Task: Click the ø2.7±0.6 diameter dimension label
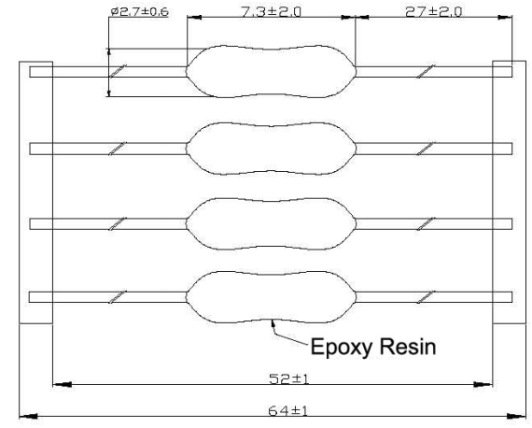(x=139, y=12)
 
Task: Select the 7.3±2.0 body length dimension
(x=271, y=12)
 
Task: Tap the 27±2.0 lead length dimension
(x=434, y=12)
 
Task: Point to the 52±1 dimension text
(x=289, y=378)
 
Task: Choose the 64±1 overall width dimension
(x=288, y=411)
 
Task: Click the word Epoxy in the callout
(x=342, y=348)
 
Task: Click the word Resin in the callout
(x=408, y=347)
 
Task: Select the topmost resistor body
(x=271, y=72)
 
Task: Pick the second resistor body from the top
(x=271, y=149)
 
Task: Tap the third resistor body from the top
(x=271, y=223)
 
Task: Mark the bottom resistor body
(x=271, y=297)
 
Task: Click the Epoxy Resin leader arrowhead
(x=273, y=323)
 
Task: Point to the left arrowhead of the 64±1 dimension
(x=28, y=416)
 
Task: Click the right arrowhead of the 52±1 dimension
(x=483, y=385)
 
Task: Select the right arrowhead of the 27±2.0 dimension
(x=505, y=17)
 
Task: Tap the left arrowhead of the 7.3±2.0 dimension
(x=194, y=17)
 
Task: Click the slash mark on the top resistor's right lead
(x=426, y=71)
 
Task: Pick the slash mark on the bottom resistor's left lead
(x=118, y=297)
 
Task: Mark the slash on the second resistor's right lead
(x=426, y=149)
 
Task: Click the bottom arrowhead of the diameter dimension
(x=109, y=92)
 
